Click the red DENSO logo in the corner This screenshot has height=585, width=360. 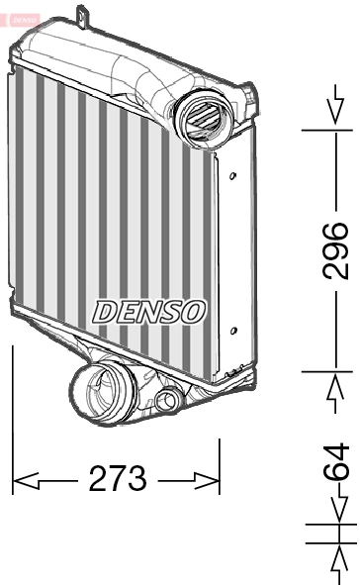point(21,18)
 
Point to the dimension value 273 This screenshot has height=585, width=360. point(118,479)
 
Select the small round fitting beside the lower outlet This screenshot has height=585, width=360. point(168,400)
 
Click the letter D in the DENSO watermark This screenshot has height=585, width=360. point(103,311)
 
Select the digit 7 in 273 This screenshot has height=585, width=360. point(118,479)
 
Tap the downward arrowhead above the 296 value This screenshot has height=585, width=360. point(336,118)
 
